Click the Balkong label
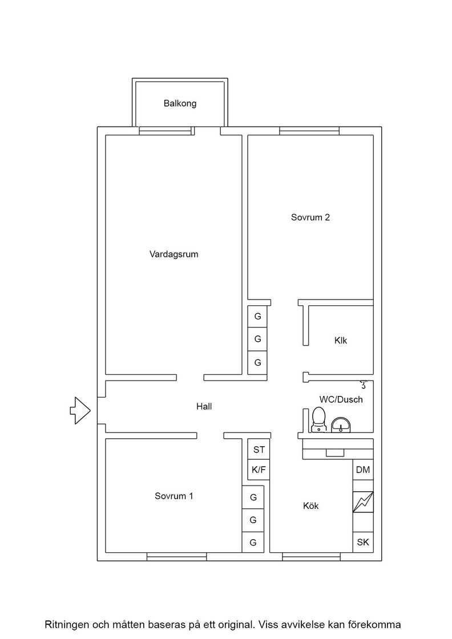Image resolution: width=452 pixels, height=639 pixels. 180,103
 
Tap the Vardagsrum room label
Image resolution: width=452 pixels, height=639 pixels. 173,254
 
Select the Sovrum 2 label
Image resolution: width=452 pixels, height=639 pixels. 310,217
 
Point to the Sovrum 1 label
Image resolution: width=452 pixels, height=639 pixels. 173,496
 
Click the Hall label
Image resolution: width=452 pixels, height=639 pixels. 204,406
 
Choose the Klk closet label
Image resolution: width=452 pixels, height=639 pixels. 341,340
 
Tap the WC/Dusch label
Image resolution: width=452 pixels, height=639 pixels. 341,399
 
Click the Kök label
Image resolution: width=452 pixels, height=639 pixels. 310,505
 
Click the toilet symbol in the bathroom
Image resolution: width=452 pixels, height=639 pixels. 318,420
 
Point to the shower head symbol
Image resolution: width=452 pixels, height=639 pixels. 364,385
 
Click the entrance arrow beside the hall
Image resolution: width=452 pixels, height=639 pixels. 80,410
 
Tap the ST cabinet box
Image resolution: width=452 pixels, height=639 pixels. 259,450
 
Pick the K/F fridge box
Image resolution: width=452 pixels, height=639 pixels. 259,470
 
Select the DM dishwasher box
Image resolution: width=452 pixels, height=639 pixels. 363,470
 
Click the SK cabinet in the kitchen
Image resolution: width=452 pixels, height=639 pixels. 363,543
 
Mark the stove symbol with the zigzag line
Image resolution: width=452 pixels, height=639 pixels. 363,502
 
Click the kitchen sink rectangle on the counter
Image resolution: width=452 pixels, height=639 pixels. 335,453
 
